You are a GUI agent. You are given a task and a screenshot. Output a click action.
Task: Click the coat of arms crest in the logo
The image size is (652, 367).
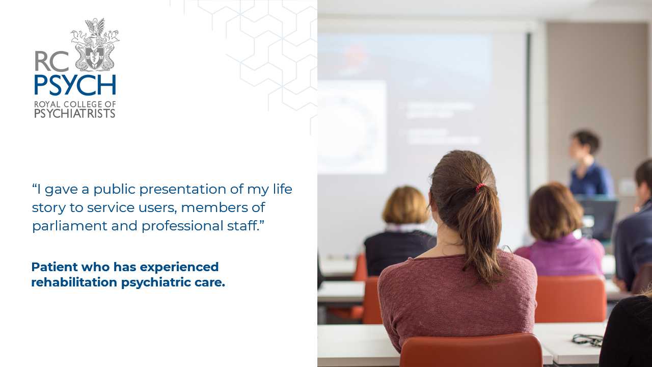pos(95,46)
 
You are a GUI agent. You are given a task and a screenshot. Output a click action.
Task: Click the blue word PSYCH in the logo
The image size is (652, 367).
pos(75,85)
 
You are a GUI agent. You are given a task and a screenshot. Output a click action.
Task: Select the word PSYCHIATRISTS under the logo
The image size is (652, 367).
pos(75,113)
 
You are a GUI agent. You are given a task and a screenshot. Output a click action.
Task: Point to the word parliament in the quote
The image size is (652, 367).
pos(67,226)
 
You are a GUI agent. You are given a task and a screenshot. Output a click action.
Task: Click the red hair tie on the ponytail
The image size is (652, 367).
pos(480,187)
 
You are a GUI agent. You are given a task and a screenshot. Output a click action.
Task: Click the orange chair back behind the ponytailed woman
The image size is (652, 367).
pos(471,352)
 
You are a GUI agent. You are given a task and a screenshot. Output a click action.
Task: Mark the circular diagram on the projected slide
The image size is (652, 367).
pos(351,127)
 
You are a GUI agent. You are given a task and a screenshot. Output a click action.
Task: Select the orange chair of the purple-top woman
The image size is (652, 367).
pos(570,298)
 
